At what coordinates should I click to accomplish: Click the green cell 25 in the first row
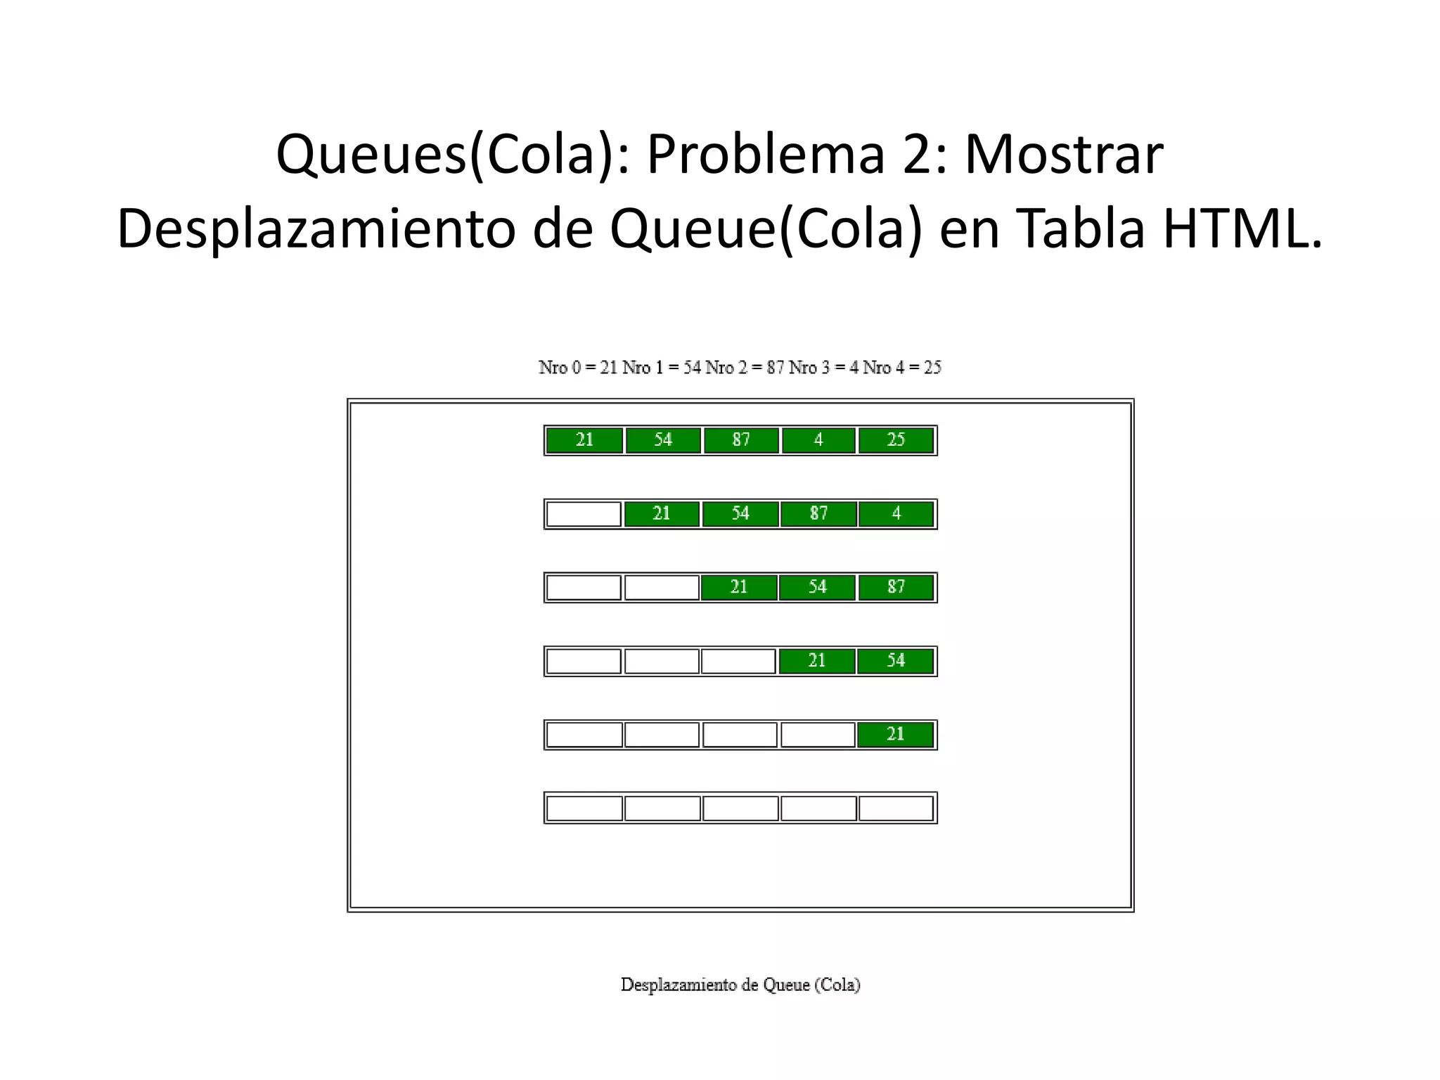click(x=896, y=440)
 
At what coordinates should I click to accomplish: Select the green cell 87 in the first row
click(x=741, y=440)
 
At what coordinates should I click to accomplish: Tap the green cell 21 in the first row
click(x=584, y=440)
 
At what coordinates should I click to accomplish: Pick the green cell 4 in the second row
click(x=896, y=514)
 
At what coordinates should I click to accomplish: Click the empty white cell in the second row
click(x=584, y=514)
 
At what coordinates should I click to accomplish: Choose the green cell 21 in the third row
click(x=739, y=587)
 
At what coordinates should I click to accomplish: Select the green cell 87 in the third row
click(x=896, y=587)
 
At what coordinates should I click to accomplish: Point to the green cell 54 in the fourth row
click(x=896, y=661)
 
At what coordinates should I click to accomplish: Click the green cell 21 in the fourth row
click(x=817, y=661)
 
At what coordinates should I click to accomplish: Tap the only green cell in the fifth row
click(x=896, y=735)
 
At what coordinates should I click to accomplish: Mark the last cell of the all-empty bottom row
click(x=896, y=809)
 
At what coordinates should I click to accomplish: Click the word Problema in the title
click(x=765, y=155)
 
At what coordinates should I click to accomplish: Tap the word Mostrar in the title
click(x=1063, y=155)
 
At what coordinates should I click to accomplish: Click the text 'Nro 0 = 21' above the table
click(x=577, y=368)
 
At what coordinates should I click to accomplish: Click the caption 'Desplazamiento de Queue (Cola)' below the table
click(x=740, y=985)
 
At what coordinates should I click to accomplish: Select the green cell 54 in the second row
click(x=740, y=514)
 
